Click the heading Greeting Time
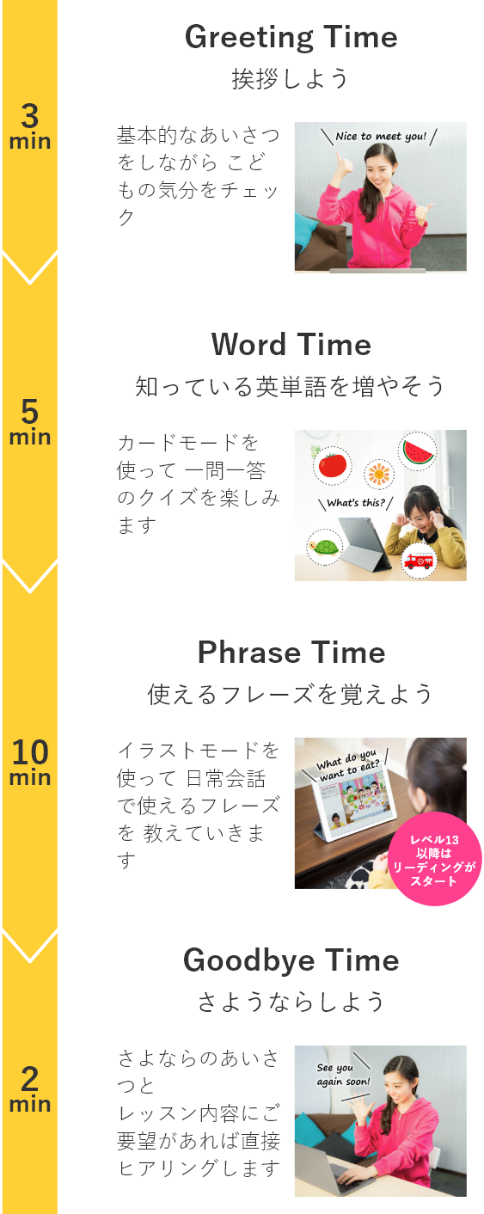pyautogui.click(x=291, y=38)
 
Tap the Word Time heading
pyautogui.click(x=291, y=345)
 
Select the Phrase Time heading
pyautogui.click(x=291, y=652)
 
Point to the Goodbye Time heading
pyautogui.click(x=291, y=960)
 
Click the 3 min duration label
pyautogui.click(x=30, y=126)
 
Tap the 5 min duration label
pyautogui.click(x=30, y=421)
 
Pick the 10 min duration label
pyautogui.click(x=30, y=762)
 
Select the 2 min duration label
pyautogui.click(x=30, y=1088)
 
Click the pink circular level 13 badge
pyautogui.click(x=434, y=859)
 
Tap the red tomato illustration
pyautogui.click(x=332, y=465)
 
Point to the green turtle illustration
pyautogui.click(x=324, y=547)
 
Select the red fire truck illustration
pyautogui.click(x=419, y=560)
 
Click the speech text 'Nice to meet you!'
pyautogui.click(x=381, y=137)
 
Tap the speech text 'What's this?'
pyautogui.click(x=356, y=502)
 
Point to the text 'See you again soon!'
pyautogui.click(x=343, y=1074)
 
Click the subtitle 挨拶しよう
pyautogui.click(x=291, y=78)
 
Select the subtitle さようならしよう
pyautogui.click(x=291, y=1002)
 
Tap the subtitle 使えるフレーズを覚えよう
pyautogui.click(x=291, y=694)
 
